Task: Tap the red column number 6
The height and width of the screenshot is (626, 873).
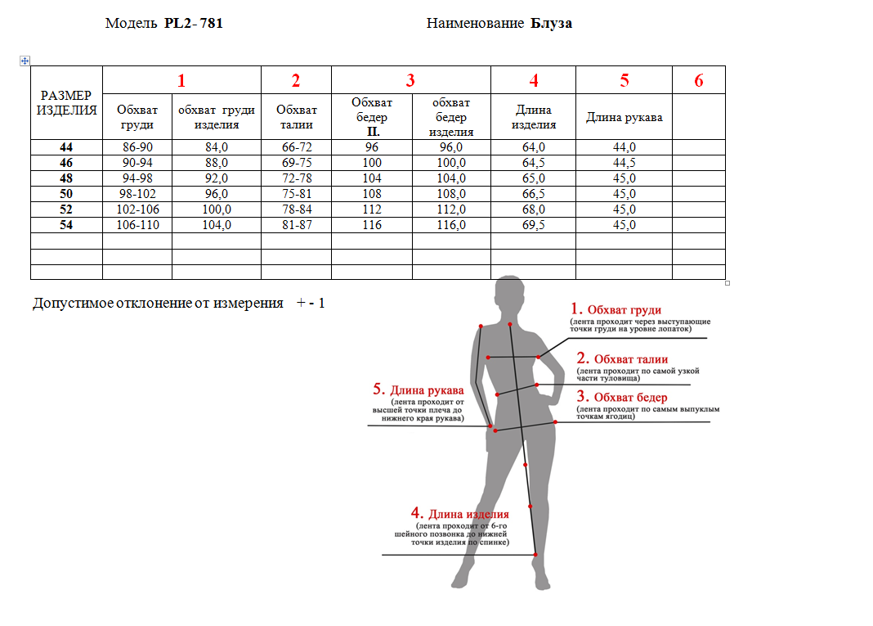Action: coord(698,80)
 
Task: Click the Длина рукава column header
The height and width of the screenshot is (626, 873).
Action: coord(624,117)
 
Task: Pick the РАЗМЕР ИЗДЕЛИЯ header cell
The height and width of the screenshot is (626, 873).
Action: coord(66,103)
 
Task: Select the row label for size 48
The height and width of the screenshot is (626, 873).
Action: coord(66,178)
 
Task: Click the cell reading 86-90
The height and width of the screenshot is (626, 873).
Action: coord(137,147)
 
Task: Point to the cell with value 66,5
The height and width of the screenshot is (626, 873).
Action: coord(533,194)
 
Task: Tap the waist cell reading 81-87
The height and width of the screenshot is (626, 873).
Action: coord(295,225)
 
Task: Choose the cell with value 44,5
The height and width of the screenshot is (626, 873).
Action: coord(624,163)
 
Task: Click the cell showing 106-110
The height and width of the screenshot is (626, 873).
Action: coord(137,225)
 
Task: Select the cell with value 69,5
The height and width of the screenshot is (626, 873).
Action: coord(533,225)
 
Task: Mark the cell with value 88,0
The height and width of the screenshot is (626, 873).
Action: coord(216,163)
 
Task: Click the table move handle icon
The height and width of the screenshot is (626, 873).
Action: coord(25,61)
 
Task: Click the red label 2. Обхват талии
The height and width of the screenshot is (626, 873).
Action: coord(622,358)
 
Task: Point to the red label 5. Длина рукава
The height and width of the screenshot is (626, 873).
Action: coord(418,390)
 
